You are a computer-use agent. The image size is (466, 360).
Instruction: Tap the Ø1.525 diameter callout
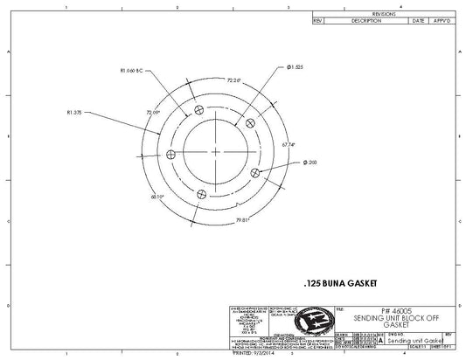[x=295, y=67]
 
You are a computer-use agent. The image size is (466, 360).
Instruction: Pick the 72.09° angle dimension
[x=153, y=113]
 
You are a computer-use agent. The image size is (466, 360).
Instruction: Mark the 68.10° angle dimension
[x=157, y=197]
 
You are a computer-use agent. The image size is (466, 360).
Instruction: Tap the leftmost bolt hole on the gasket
[x=171, y=154]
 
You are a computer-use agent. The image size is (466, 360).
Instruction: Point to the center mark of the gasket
[x=216, y=151]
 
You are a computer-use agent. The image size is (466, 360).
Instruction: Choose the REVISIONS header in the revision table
[x=385, y=15]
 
